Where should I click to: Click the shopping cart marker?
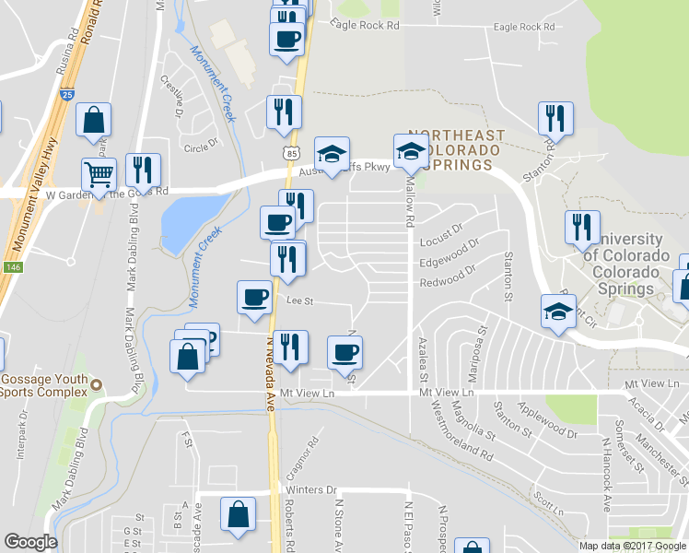pyautogui.click(x=99, y=173)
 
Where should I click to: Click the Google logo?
pyautogui.click(x=30, y=542)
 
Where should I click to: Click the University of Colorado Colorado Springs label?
pyautogui.click(x=625, y=264)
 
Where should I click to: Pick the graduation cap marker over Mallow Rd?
pyautogui.click(x=410, y=151)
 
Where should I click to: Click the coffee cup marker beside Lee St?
pyautogui.click(x=254, y=297)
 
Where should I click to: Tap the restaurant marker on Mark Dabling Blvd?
pyautogui.click(x=143, y=170)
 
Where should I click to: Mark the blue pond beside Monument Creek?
pyautogui.click(x=189, y=221)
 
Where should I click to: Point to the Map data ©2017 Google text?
pyautogui.click(x=632, y=545)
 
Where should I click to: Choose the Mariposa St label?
pyautogui.click(x=481, y=342)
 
